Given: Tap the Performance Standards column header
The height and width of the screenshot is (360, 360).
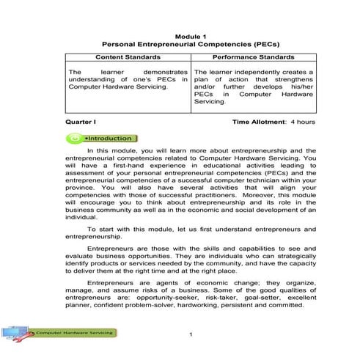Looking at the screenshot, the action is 254,57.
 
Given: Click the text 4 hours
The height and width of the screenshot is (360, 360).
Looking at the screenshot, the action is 303,121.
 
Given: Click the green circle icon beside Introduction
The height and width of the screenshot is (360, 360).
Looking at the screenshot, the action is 75,138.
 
